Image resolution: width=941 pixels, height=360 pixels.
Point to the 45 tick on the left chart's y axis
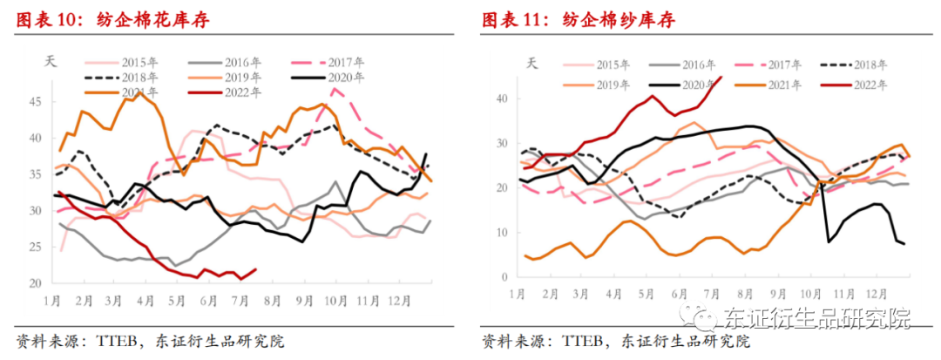point(35,102)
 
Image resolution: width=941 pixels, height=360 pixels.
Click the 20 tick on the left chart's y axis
point(35,283)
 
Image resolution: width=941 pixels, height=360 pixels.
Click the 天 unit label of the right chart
point(532,62)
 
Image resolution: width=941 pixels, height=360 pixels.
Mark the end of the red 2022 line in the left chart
point(255,269)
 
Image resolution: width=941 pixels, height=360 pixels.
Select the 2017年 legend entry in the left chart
point(344,62)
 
